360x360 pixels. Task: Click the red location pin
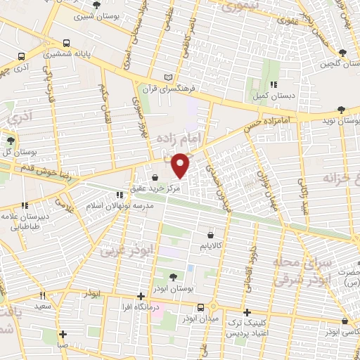coord(181,165)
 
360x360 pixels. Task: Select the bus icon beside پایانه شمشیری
coord(66,42)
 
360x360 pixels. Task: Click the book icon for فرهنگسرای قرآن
coord(167,77)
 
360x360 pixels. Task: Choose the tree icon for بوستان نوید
coord(341,109)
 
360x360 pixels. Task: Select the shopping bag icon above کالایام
coord(211,236)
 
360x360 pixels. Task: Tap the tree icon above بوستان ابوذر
coord(174,276)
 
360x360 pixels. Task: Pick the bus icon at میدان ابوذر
coord(202,307)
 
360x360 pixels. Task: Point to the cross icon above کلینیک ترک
coord(246,311)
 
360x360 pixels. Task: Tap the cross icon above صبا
coord(63,334)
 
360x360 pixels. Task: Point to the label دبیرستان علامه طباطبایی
coord(25,221)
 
